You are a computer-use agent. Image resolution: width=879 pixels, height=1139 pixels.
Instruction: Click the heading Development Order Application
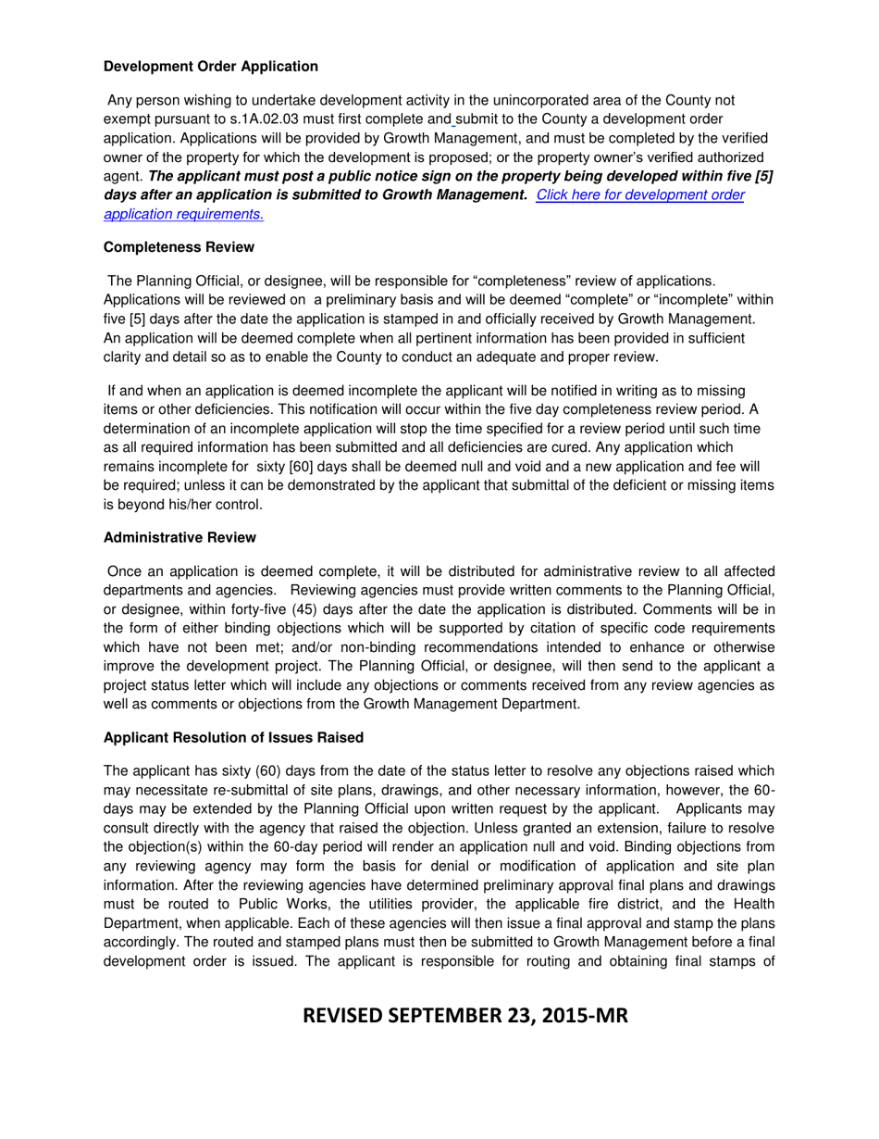(210, 67)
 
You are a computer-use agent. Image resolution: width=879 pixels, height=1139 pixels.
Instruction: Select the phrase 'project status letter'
(172, 691)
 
